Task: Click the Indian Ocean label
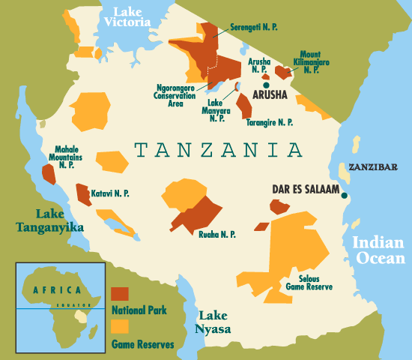pyautogui.click(x=378, y=250)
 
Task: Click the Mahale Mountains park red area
pyautogui.click(x=49, y=174)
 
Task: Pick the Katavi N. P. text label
pyautogui.click(x=110, y=193)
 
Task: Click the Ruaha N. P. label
pyautogui.click(x=217, y=235)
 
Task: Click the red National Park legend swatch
pyautogui.click(x=120, y=292)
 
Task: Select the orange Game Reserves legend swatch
pyautogui.click(x=120, y=326)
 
